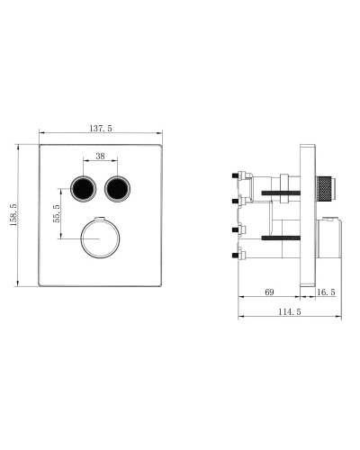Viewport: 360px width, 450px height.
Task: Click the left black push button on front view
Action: [x=82, y=189]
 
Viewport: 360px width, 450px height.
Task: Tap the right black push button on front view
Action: [x=116, y=189]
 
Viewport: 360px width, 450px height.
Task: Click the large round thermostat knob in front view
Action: [x=99, y=238]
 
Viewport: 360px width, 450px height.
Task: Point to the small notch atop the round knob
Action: [x=99, y=220]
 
